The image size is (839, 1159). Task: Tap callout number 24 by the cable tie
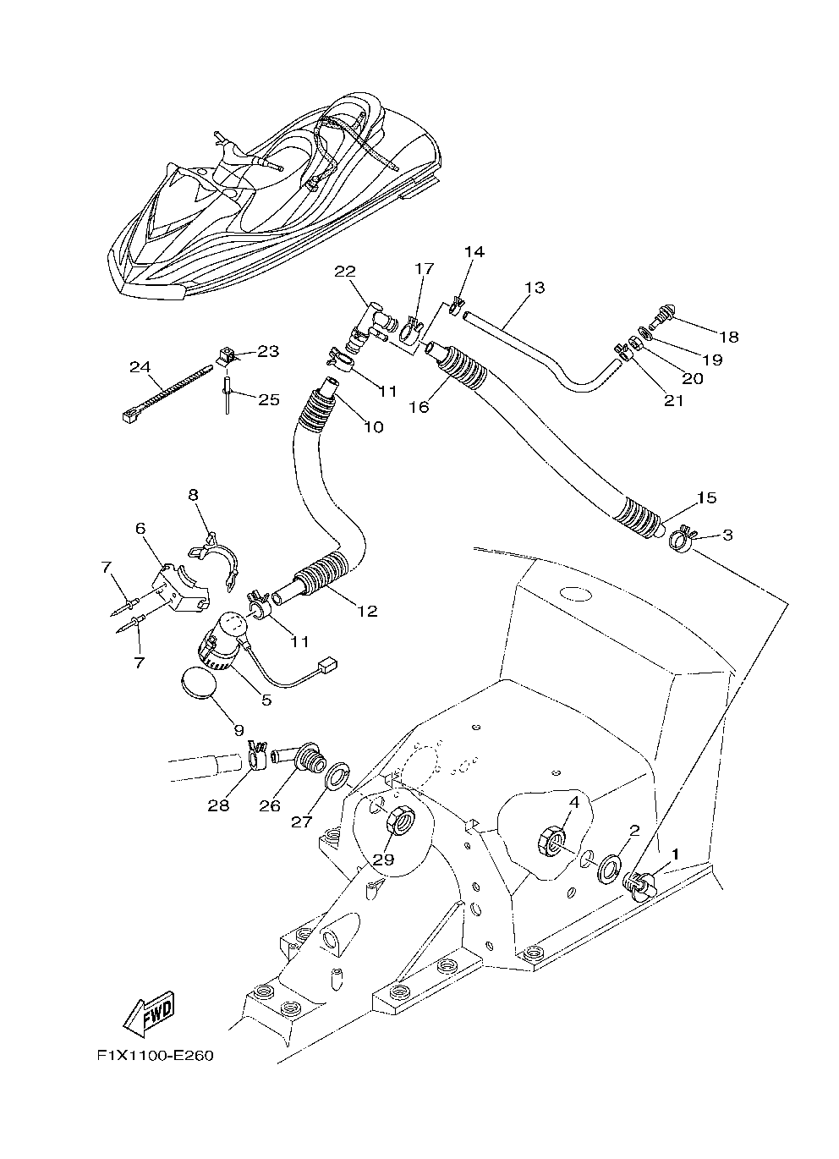(x=140, y=367)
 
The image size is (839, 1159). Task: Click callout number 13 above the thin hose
(x=535, y=288)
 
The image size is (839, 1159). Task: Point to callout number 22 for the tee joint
(x=344, y=272)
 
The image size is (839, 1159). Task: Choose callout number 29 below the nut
(x=384, y=860)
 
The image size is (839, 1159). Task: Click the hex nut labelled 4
(x=551, y=840)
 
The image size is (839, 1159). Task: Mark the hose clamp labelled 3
(x=682, y=540)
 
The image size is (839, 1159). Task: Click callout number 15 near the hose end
(x=706, y=497)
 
